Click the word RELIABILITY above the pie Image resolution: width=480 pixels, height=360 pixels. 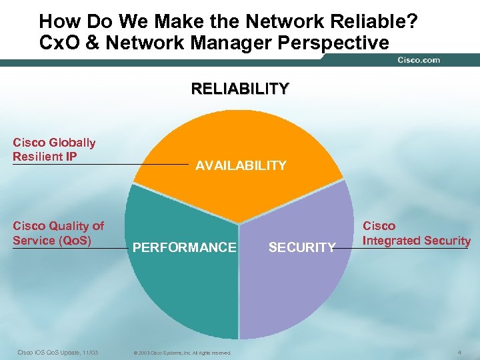(240, 89)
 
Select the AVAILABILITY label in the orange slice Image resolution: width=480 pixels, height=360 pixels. (241, 165)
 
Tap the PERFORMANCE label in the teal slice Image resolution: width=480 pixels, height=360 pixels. (185, 247)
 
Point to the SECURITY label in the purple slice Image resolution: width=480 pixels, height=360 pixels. (302, 247)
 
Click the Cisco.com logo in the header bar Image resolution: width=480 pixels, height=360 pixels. (419, 60)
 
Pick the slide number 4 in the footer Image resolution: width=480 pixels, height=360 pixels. (459, 351)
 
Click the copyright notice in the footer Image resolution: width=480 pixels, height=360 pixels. (182, 353)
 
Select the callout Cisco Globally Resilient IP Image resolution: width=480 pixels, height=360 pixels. (54, 150)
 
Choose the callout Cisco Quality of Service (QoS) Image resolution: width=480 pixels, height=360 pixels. (58, 233)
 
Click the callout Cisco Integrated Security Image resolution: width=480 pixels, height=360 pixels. (416, 233)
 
